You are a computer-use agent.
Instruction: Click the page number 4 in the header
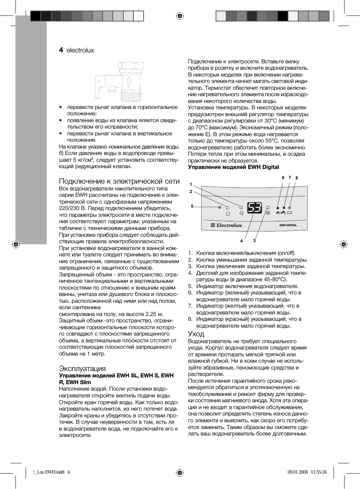click(x=61, y=50)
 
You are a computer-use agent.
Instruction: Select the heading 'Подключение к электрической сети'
click(x=119, y=181)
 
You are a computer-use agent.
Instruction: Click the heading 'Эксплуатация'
click(x=82, y=368)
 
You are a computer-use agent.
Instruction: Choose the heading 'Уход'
click(x=196, y=334)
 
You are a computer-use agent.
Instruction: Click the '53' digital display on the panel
click(x=254, y=208)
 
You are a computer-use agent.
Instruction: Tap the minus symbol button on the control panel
click(x=241, y=213)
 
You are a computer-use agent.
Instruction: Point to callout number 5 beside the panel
click(x=192, y=207)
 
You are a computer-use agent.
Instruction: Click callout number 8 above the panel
click(x=297, y=178)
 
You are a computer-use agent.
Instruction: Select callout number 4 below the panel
click(x=242, y=241)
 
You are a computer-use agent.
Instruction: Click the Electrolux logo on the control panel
click(x=227, y=225)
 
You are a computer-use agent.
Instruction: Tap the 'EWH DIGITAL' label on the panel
click(x=288, y=225)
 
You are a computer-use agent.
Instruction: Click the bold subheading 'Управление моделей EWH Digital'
click(x=234, y=167)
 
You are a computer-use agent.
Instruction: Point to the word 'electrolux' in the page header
click(x=80, y=51)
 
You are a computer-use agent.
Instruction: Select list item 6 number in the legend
click(x=190, y=293)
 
